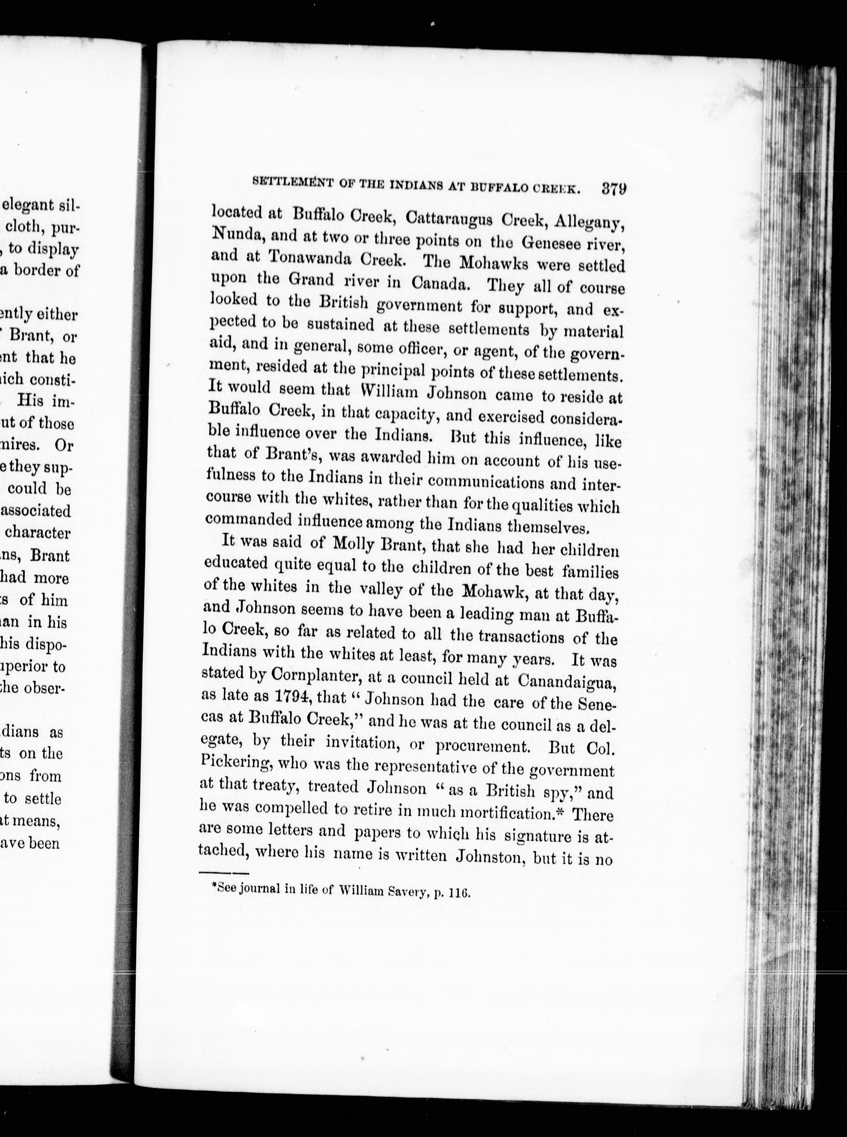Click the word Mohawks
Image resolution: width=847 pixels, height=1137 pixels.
pyautogui.click(x=494, y=262)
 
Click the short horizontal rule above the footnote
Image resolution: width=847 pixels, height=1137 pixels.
pyautogui.click(x=223, y=872)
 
